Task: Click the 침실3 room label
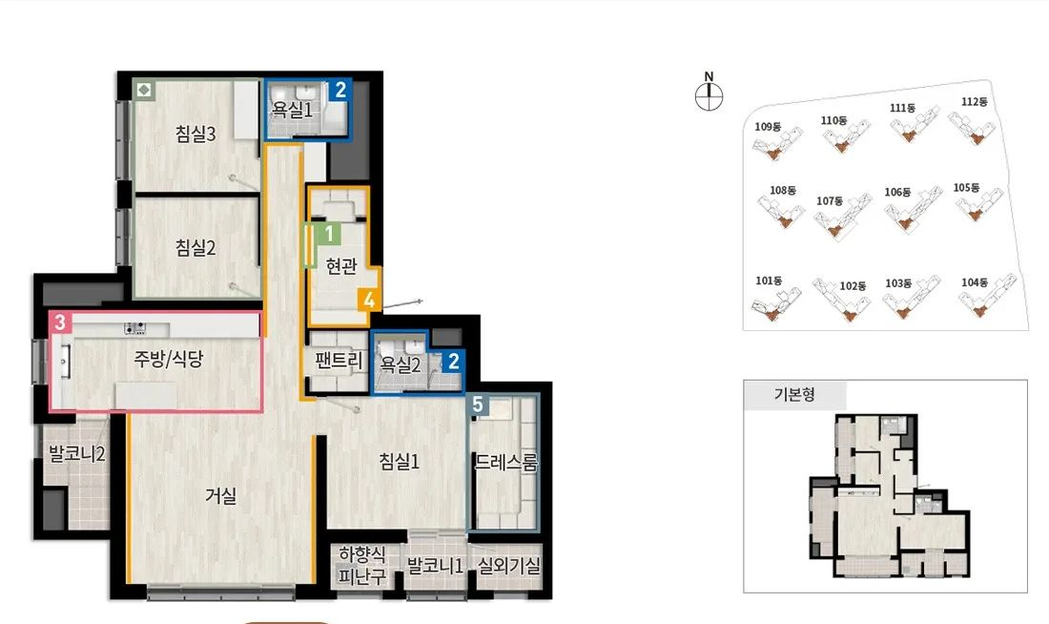click(x=195, y=134)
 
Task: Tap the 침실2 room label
click(x=195, y=248)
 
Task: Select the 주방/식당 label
click(x=168, y=359)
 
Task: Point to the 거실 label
click(x=221, y=496)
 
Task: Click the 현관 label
click(x=341, y=266)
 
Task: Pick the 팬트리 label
click(x=339, y=361)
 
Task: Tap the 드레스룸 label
click(x=505, y=463)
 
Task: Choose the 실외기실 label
click(x=509, y=566)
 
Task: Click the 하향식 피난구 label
click(x=362, y=566)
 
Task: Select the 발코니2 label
click(x=77, y=454)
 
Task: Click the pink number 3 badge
click(x=60, y=322)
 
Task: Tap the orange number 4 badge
click(x=369, y=300)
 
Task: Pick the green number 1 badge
click(x=329, y=234)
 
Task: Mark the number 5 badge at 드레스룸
click(x=478, y=405)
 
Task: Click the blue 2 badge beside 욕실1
click(x=340, y=90)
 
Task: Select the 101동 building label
click(x=769, y=281)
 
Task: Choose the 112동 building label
click(x=974, y=102)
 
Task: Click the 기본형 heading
click(x=794, y=394)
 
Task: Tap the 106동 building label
click(x=897, y=192)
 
